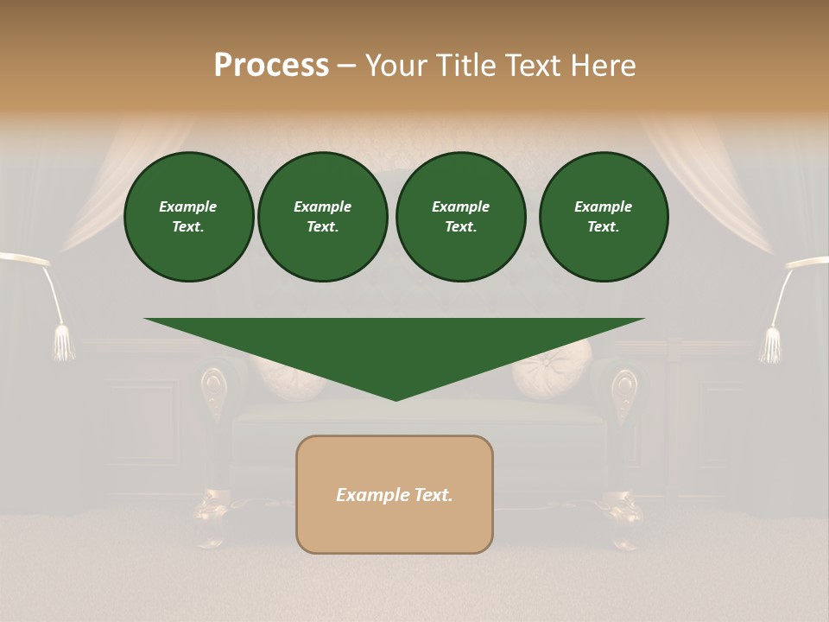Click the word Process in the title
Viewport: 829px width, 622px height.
pos(271,66)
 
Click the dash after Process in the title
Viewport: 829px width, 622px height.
pos(346,67)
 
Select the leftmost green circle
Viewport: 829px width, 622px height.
pos(188,217)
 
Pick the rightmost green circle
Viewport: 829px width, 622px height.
pos(604,217)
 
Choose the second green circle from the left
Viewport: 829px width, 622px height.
pos(322,217)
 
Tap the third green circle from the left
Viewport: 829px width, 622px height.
pos(461,217)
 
